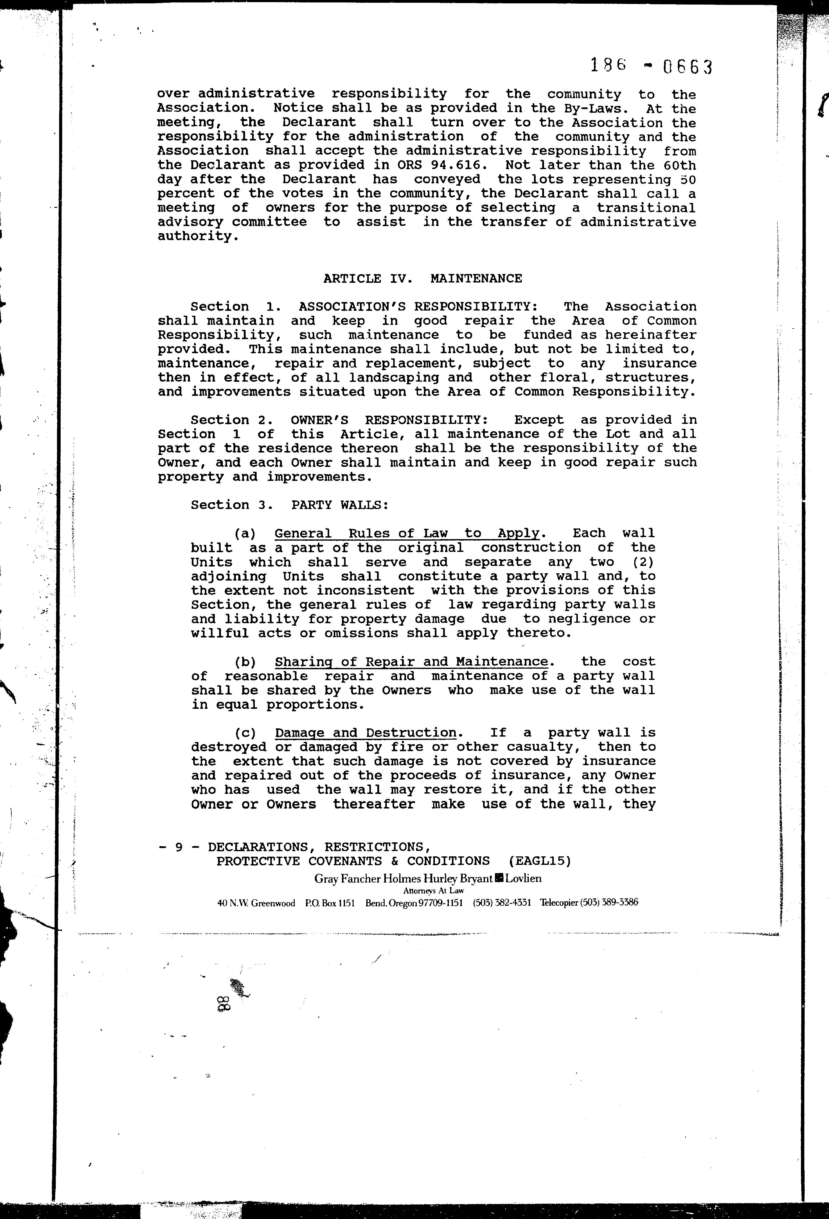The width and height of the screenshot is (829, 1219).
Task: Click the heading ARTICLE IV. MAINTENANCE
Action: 422,279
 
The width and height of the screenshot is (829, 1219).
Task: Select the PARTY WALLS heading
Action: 340,505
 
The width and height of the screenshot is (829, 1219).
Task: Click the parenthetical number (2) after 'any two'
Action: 643,562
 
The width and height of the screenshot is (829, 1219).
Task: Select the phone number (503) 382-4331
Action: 502,903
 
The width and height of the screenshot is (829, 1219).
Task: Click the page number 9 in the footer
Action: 179,847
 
